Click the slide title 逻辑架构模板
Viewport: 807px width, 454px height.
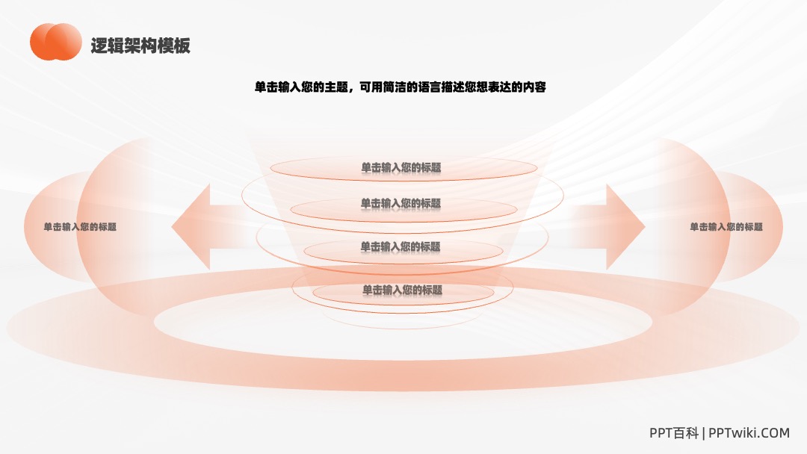140,46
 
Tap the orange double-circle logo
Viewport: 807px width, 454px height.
55,42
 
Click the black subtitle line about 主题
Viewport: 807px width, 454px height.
401,87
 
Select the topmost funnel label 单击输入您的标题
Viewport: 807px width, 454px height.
401,167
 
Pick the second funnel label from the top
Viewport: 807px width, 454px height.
401,204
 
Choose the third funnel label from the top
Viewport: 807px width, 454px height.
401,247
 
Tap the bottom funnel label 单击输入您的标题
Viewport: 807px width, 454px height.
403,290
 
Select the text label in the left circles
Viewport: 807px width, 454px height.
80,227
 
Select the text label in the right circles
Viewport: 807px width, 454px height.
726,227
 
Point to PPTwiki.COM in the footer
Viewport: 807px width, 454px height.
749,433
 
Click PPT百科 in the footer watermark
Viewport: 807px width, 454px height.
674,433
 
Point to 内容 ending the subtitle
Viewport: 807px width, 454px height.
535,87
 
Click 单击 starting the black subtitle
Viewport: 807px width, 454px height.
266,87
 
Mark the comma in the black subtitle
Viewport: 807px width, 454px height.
352,90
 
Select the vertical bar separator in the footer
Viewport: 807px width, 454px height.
704,433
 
